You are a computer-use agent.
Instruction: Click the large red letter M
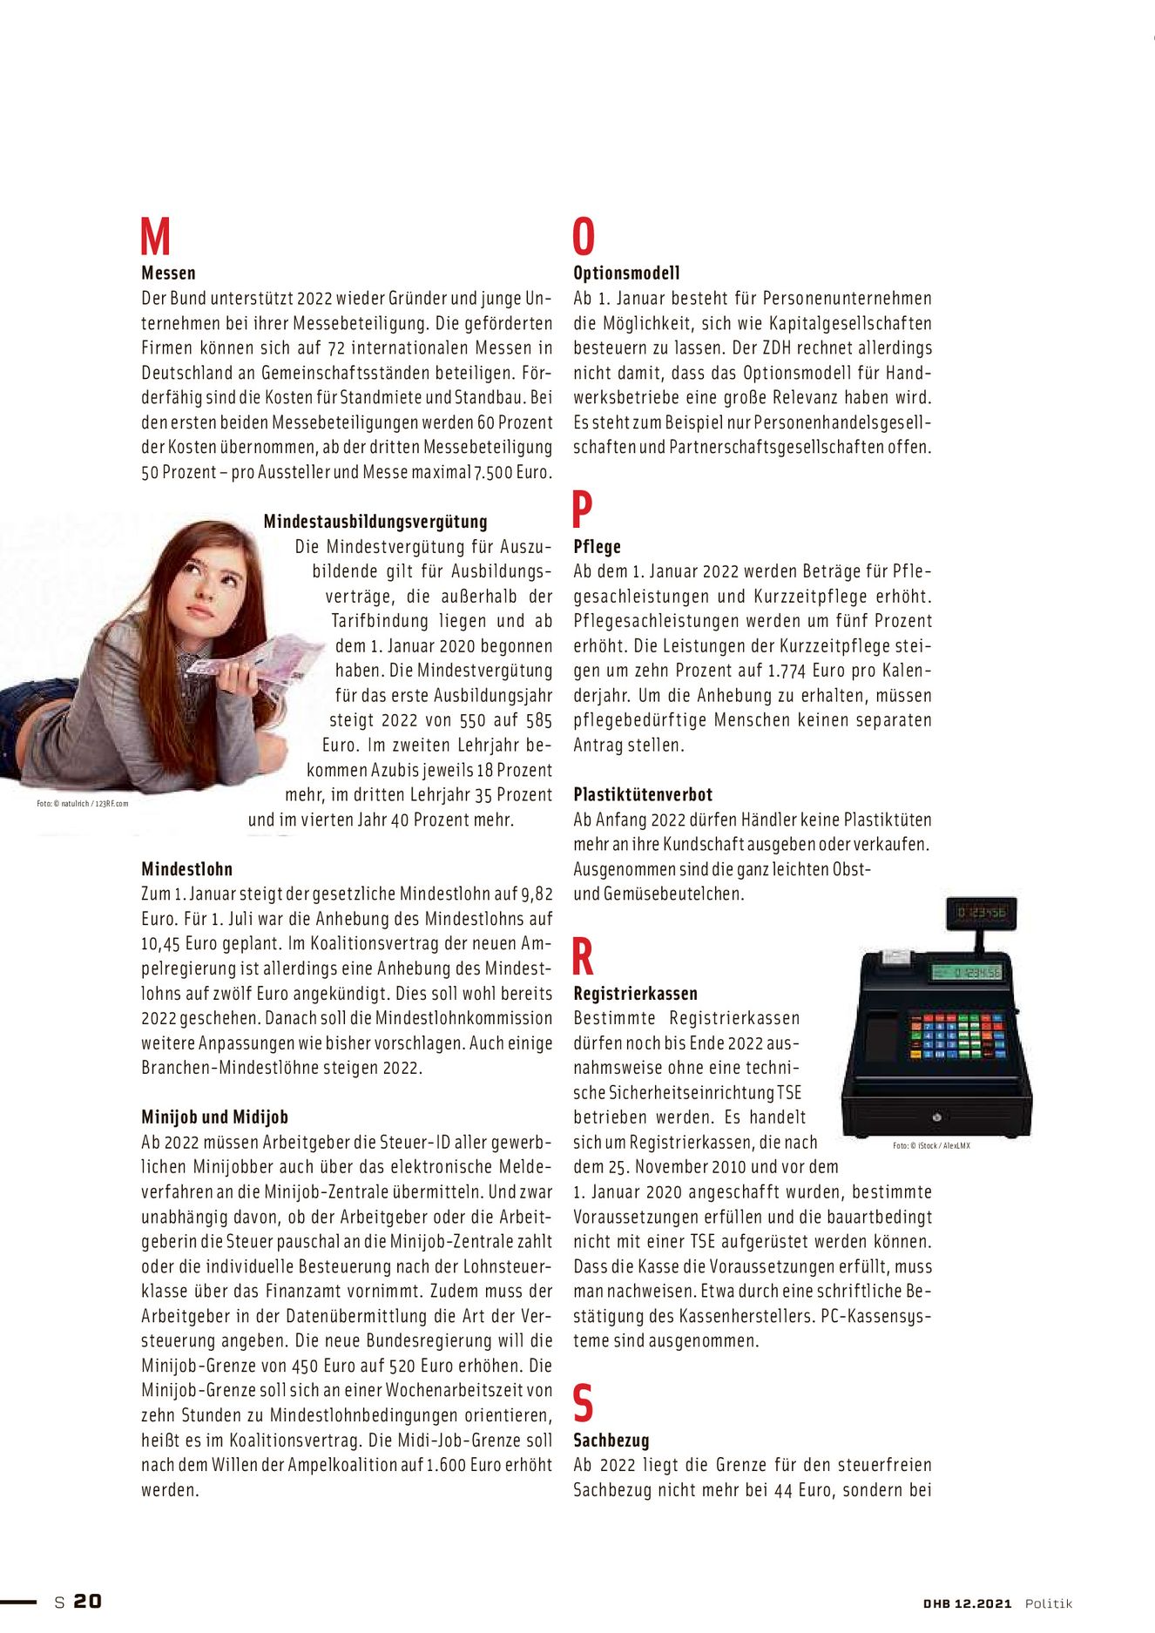coord(155,236)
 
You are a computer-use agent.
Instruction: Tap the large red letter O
coord(584,236)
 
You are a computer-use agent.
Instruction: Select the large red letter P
coord(582,509)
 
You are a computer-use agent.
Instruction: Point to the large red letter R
coord(583,956)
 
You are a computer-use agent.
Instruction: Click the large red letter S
coord(583,1403)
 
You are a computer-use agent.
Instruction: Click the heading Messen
coord(168,273)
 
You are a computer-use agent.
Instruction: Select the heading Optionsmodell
coord(626,273)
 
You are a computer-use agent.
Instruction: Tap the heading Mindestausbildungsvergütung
coord(375,522)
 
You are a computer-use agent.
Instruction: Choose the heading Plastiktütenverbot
coord(643,794)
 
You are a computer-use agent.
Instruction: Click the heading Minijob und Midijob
coord(214,1117)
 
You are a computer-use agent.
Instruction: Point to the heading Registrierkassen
coord(635,994)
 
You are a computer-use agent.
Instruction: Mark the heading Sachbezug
coord(611,1441)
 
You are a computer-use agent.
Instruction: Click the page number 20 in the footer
coord(87,1601)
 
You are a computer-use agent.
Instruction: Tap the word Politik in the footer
coord(1048,1603)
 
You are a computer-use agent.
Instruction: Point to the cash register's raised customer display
coord(981,913)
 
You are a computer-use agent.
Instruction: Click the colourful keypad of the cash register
coord(957,1035)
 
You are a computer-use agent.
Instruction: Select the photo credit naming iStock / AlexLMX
coord(931,1145)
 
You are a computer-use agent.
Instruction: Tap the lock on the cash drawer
coord(936,1117)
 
